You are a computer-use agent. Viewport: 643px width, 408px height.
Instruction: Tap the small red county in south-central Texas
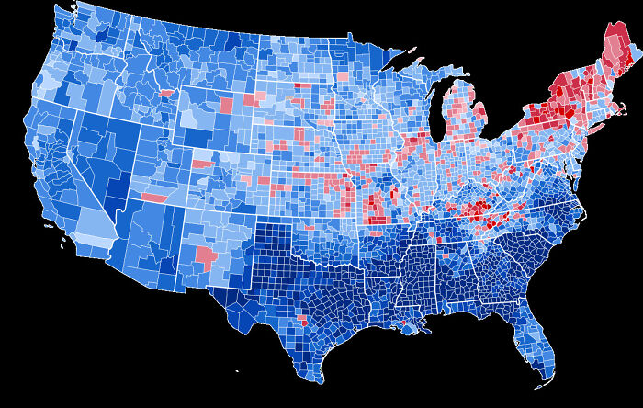pos(304,323)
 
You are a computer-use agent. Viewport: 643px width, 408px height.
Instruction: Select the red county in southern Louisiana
pos(402,327)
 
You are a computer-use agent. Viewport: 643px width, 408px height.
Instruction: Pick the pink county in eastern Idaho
pos(166,93)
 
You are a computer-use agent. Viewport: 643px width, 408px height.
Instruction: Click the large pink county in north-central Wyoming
pos(226,103)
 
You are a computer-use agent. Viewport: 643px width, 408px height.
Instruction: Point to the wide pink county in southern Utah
pos(154,198)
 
